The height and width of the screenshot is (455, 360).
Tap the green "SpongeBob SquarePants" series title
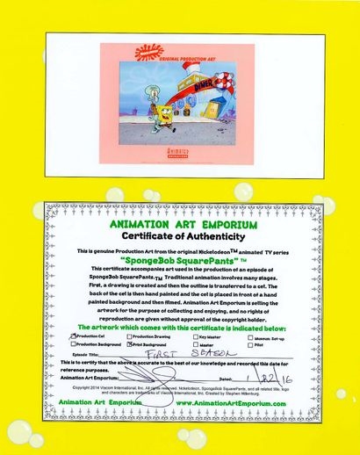tap(182, 261)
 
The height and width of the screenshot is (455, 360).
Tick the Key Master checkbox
tap(195, 336)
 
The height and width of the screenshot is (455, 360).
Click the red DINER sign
tap(193, 87)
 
